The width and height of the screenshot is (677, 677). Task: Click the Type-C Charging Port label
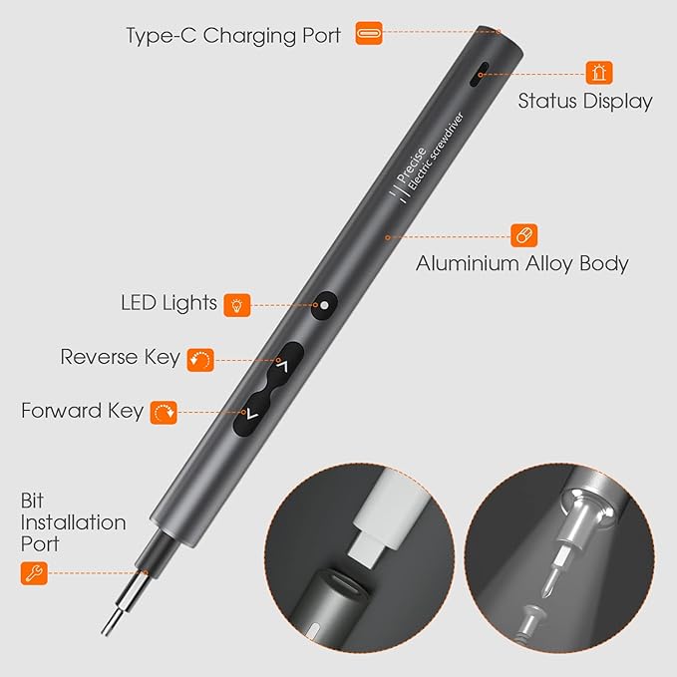pyautogui.click(x=233, y=35)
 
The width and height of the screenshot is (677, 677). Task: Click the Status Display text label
pyautogui.click(x=585, y=101)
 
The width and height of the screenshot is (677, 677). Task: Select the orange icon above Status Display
pyautogui.click(x=599, y=72)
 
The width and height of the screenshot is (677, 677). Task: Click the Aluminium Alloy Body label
pyautogui.click(x=521, y=264)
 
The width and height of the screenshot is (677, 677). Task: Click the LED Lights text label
pyautogui.click(x=169, y=302)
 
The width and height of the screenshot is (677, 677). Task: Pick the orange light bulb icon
pyautogui.click(x=236, y=304)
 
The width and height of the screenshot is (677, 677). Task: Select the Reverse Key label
pyautogui.click(x=121, y=357)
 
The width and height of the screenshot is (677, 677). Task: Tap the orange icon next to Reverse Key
pyautogui.click(x=200, y=358)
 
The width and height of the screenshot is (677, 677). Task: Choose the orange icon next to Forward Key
pyautogui.click(x=164, y=411)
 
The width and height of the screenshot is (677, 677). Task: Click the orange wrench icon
pyautogui.click(x=33, y=573)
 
